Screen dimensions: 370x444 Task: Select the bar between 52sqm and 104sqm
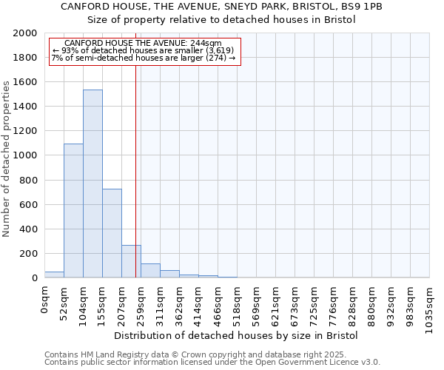point(73,211)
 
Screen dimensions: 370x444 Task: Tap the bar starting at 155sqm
point(112,233)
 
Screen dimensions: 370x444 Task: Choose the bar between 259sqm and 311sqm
point(150,271)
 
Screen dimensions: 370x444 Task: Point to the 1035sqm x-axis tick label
point(430,309)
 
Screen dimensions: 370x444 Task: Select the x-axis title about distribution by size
point(238,335)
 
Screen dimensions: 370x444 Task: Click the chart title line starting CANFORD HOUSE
point(221,6)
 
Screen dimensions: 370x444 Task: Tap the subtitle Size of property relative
point(221,20)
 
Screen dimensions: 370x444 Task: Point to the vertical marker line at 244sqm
point(135,170)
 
